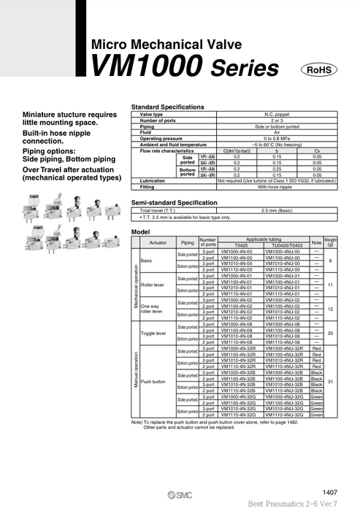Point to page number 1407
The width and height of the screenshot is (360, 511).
pos(330,492)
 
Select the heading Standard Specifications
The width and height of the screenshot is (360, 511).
pos(167,107)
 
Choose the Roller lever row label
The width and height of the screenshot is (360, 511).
pos(153,285)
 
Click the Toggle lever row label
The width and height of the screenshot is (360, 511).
pos(153,333)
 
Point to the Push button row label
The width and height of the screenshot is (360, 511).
pos(153,381)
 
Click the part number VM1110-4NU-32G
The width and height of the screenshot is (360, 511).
pos(285,415)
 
